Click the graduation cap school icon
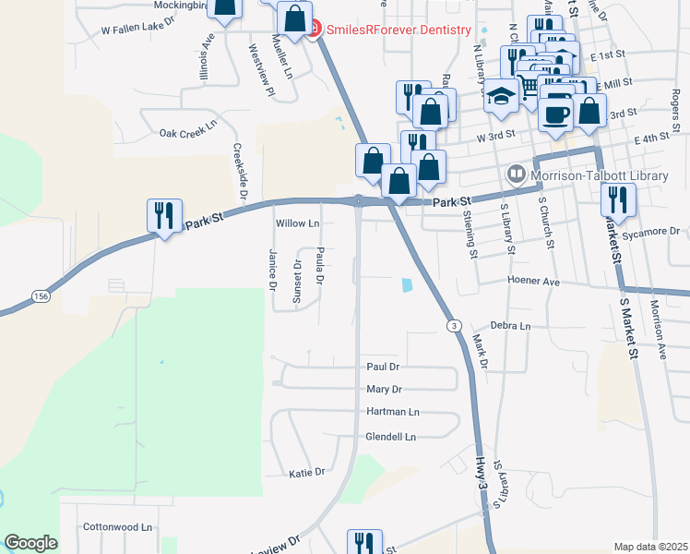[501, 98]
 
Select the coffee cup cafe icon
[555, 115]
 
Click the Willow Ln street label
[297, 223]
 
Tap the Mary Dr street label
[385, 390]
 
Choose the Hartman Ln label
[393, 412]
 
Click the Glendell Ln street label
[391, 437]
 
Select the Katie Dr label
[307, 473]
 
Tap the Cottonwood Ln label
[117, 527]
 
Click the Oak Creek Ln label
[188, 133]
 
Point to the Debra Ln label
[511, 326]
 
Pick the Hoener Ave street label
[533, 281]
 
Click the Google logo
[31, 543]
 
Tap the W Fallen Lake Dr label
[138, 30]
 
